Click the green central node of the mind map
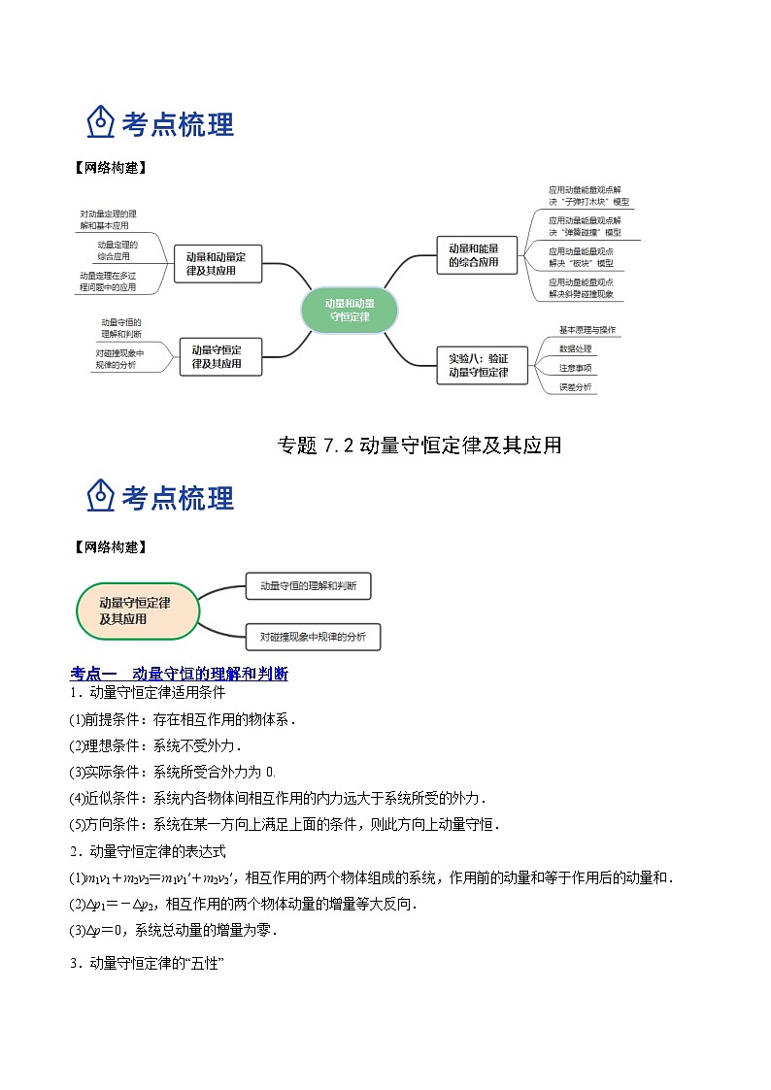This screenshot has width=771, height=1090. pos(350,309)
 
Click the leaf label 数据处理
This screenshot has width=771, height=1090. pos(575,348)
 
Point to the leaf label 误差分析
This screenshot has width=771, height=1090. pos(575,387)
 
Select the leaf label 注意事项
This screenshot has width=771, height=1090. pos(575,368)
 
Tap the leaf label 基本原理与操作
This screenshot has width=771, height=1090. pos(587,330)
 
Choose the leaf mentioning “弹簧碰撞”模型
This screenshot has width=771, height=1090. pos(585,226)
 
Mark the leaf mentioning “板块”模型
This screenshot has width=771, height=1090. pos(581,257)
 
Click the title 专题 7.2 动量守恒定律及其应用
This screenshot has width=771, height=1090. pos(419,446)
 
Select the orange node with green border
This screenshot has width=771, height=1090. pos(137,611)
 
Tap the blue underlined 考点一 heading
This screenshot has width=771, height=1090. pos(180,674)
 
